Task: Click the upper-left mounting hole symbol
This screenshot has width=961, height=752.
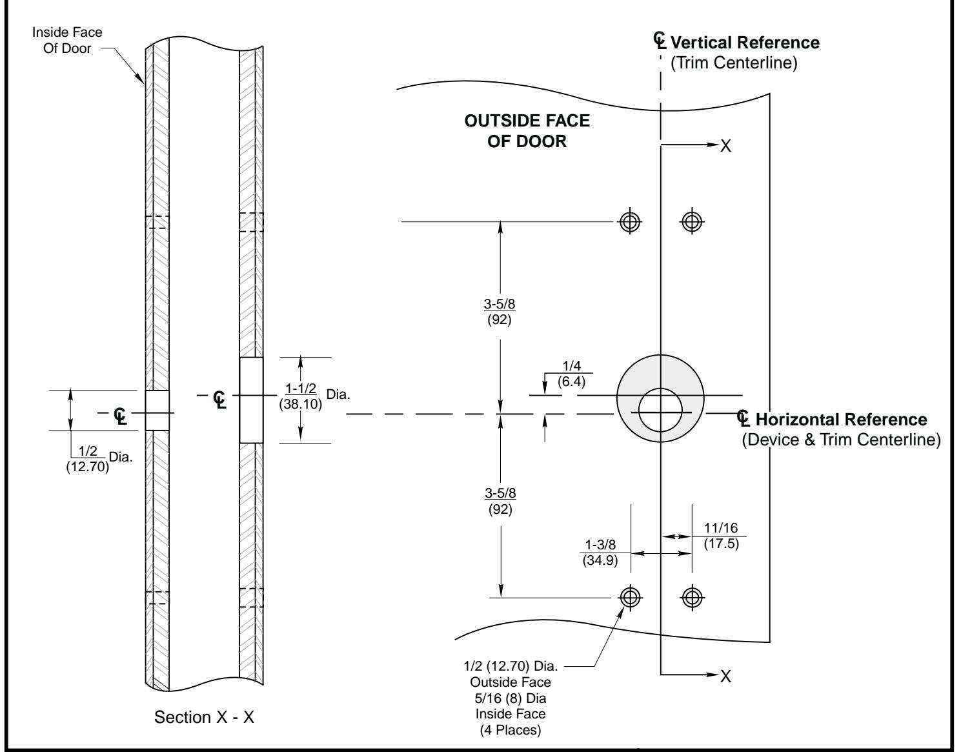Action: coord(630,221)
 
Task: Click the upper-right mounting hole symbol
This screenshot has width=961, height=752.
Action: coord(692,221)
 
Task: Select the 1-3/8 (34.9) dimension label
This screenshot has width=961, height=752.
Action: coord(600,553)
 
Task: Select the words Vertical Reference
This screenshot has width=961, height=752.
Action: coord(745,43)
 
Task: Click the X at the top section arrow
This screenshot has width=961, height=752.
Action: coord(725,147)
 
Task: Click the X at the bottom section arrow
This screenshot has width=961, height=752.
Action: coord(725,676)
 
